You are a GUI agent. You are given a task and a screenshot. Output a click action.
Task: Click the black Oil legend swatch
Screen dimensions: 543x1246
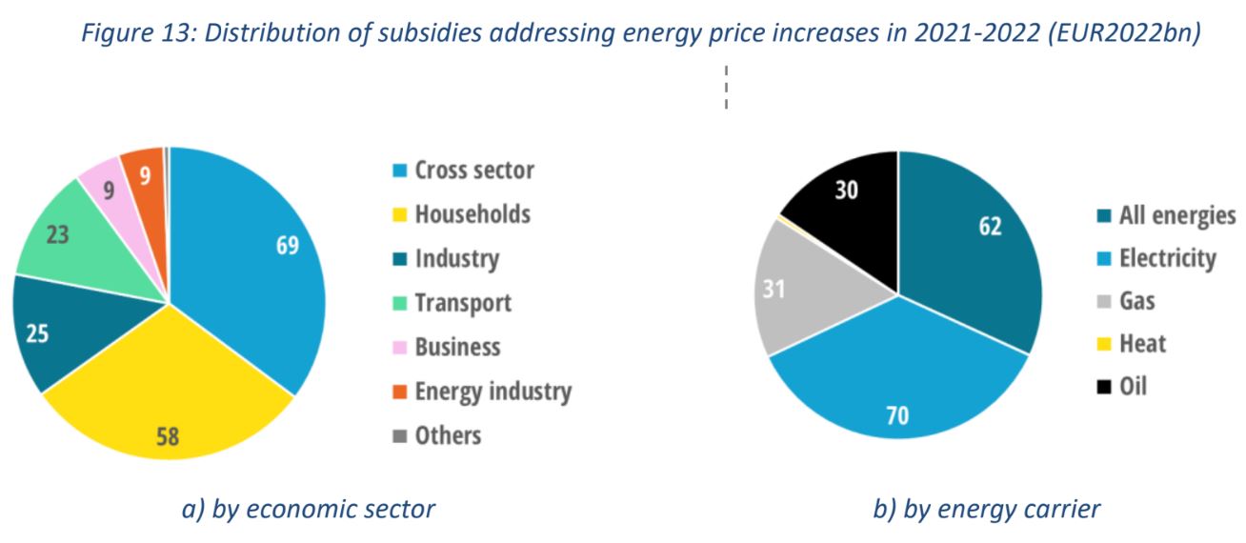coord(1104,387)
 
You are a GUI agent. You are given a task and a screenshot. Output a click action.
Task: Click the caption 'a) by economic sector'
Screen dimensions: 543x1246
coord(308,510)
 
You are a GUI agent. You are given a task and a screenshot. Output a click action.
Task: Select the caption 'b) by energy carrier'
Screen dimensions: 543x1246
coord(986,510)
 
